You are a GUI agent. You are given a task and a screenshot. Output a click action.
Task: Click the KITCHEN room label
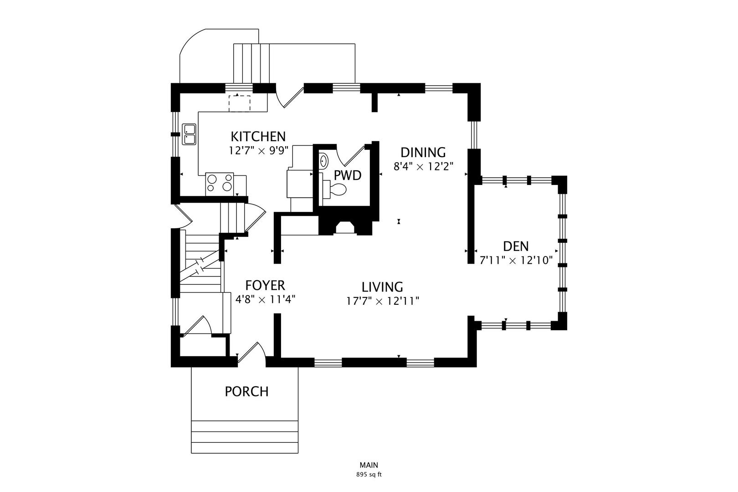(x=258, y=136)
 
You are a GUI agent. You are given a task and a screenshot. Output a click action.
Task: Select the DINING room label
(x=423, y=152)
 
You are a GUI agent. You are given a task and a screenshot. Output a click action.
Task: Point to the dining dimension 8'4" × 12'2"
(x=424, y=166)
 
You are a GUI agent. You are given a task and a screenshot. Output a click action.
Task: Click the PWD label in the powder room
(x=348, y=175)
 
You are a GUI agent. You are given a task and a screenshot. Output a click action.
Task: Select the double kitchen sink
(x=189, y=134)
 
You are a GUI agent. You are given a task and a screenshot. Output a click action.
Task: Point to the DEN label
(x=516, y=246)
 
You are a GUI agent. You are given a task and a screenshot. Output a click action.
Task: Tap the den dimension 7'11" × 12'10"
(x=516, y=261)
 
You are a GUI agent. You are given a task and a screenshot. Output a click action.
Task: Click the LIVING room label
(x=382, y=287)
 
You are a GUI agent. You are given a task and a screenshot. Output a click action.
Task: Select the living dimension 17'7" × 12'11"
(x=382, y=301)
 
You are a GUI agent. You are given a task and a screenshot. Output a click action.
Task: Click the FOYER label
(x=265, y=285)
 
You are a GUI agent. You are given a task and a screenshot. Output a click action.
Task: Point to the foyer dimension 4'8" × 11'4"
(x=265, y=300)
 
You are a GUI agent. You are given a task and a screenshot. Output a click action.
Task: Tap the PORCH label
(x=246, y=391)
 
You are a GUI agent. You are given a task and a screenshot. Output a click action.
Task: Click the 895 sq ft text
(x=369, y=474)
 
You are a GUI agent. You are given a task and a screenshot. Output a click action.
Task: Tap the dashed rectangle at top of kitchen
(x=239, y=103)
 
